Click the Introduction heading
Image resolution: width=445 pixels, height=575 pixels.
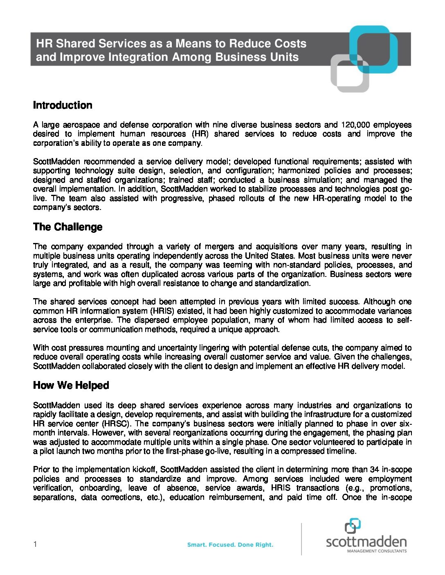pyautogui.click(x=63, y=105)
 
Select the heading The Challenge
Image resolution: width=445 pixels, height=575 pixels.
pyautogui.click(x=67, y=227)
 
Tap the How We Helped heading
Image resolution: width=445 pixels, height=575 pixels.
pyautogui.click(x=71, y=386)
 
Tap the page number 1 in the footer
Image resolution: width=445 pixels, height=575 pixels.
pyautogui.click(x=35, y=544)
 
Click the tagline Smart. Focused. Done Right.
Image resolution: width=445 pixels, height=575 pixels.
pyautogui.click(x=230, y=545)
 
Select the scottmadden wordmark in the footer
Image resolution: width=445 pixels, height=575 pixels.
pyautogui.click(x=366, y=542)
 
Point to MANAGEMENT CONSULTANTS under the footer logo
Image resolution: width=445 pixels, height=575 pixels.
pyautogui.click(x=377, y=551)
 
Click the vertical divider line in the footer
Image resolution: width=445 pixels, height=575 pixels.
pyautogui.click(x=301, y=539)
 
